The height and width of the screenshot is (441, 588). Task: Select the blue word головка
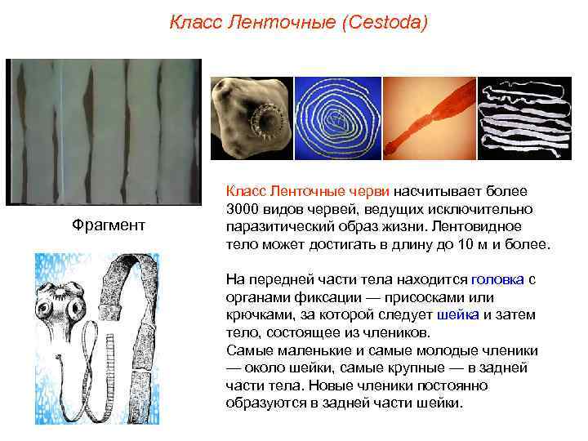tap(497, 278)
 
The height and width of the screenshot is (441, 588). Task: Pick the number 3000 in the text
tap(243, 207)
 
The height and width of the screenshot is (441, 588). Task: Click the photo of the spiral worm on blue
tap(337, 118)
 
